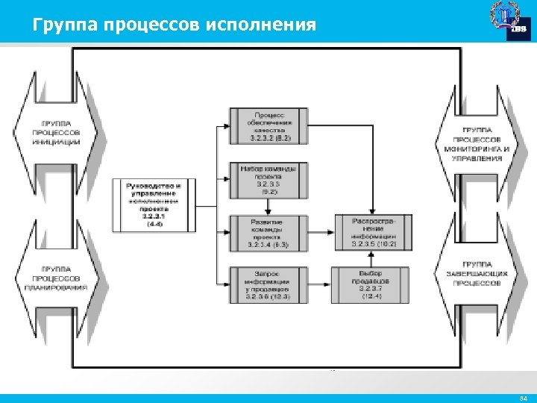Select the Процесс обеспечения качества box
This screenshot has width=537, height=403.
tap(269, 126)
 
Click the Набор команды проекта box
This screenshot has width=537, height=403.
tap(269, 180)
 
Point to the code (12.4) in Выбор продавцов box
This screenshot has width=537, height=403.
tap(371, 297)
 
